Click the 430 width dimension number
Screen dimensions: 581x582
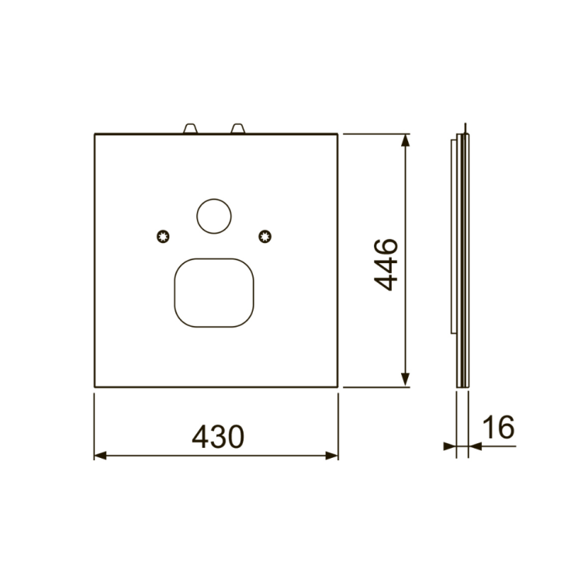tap(218, 436)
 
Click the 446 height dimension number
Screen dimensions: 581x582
tap(386, 265)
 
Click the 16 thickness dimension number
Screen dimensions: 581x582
tap(499, 427)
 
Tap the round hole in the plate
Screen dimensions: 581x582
tap(214, 217)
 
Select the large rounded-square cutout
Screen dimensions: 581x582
tap(214, 293)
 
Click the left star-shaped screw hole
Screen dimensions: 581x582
tap(163, 236)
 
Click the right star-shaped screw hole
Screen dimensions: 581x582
tap(265, 236)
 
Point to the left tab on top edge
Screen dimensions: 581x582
tap(190, 128)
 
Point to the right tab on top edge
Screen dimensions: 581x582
tap(238, 128)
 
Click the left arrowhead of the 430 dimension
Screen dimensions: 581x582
tap(100, 456)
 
